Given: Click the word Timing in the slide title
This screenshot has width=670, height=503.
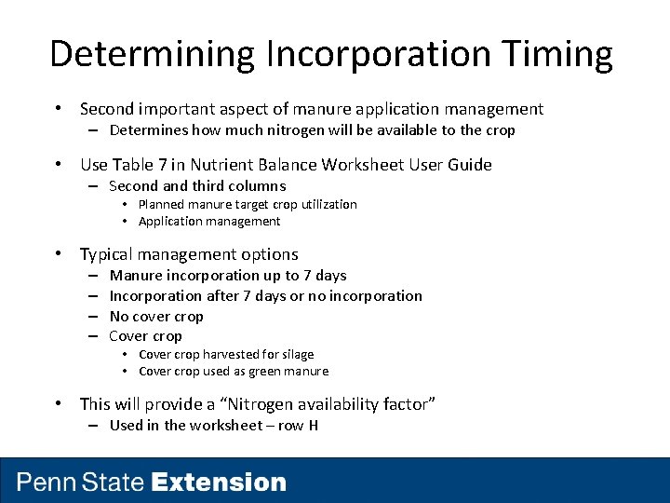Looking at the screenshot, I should tap(559, 54).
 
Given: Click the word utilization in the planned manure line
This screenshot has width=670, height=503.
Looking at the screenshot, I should tap(327, 204).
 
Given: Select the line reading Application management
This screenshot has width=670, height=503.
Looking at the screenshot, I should tap(208, 221).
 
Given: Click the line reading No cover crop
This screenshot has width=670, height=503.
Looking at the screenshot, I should tap(155, 316).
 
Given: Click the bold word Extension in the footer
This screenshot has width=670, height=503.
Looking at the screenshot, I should tap(219, 483).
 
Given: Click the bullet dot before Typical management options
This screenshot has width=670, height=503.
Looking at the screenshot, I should tap(59, 254).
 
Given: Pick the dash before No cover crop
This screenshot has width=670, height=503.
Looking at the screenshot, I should tap(94, 316).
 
